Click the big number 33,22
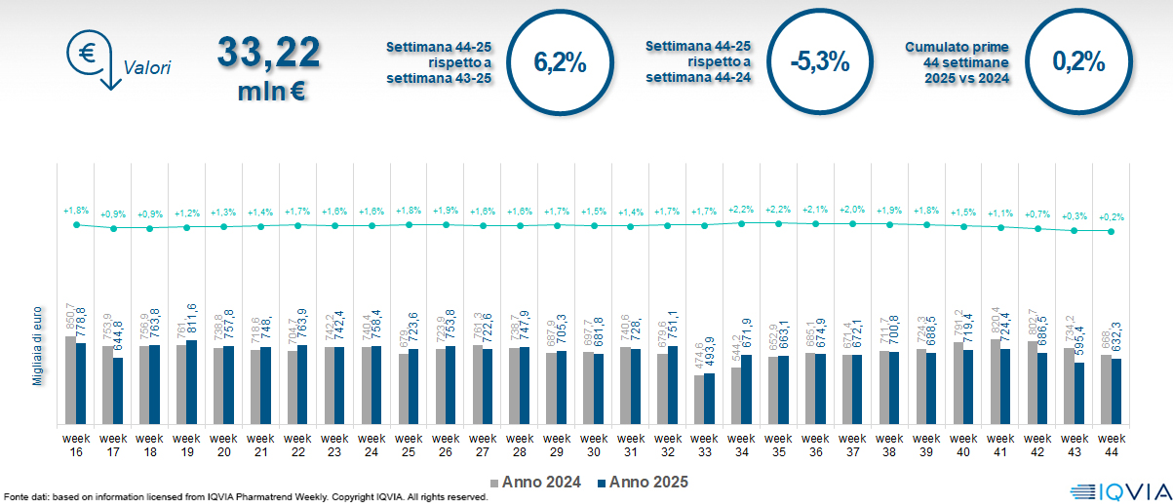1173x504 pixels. point(268,53)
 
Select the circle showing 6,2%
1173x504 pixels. point(560,62)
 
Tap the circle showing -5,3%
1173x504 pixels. point(820,62)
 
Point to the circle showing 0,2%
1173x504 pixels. point(1078,62)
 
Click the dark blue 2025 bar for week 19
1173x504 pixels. point(192,382)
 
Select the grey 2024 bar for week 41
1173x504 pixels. point(996,381)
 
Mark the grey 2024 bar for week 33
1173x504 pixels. point(699,400)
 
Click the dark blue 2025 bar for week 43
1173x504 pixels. point(1080,394)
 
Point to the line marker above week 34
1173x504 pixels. point(742,223)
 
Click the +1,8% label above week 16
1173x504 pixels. point(76,211)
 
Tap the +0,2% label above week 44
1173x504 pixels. point(1112,217)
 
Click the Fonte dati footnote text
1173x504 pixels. point(244,497)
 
